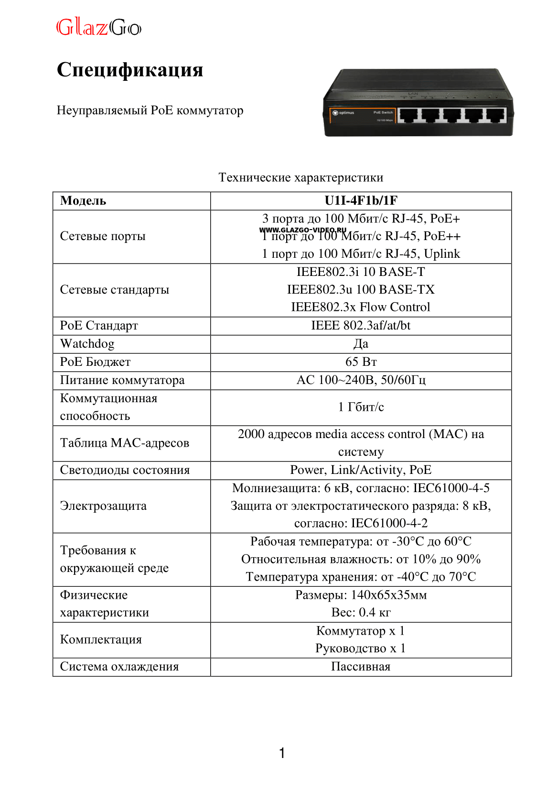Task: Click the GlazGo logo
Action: click(x=99, y=27)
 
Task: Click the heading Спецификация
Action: click(x=130, y=70)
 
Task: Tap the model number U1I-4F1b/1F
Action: click(x=361, y=201)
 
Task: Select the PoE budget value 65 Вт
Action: click(x=361, y=362)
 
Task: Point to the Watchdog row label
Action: click(x=87, y=344)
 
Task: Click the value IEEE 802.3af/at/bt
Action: click(x=361, y=326)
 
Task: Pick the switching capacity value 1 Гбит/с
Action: click(x=361, y=407)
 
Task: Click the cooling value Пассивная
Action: click(x=361, y=667)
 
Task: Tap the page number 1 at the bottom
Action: click(x=282, y=753)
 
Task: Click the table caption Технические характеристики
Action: click(x=300, y=177)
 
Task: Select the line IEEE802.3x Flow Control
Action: click(x=361, y=307)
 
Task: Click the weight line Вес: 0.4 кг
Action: click(x=361, y=613)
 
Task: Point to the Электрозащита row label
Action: click(x=103, y=506)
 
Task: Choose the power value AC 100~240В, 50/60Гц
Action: click(x=361, y=380)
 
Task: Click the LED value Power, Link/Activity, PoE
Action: click(x=361, y=470)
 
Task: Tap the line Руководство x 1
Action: click(x=361, y=648)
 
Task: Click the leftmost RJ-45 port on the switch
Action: click(x=408, y=115)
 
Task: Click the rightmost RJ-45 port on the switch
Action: click(x=496, y=115)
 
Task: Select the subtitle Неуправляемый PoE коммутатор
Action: click(x=150, y=110)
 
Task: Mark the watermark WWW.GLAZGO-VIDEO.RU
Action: click(x=302, y=230)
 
